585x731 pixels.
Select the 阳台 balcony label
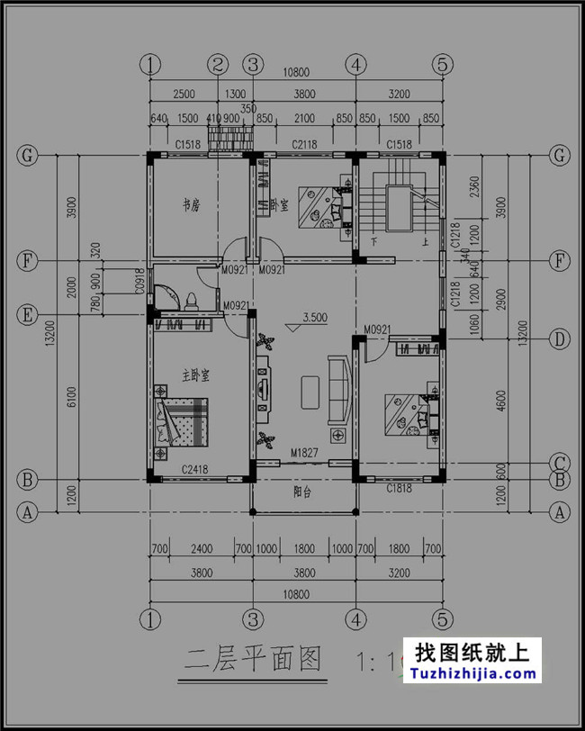click(303, 492)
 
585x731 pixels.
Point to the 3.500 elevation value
click(315, 318)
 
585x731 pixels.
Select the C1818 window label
click(400, 488)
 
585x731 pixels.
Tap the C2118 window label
click(303, 144)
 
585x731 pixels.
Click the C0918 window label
click(139, 285)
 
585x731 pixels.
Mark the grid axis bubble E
click(28, 315)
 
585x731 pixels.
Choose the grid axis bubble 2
click(218, 64)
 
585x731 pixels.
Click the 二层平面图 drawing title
click(253, 660)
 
